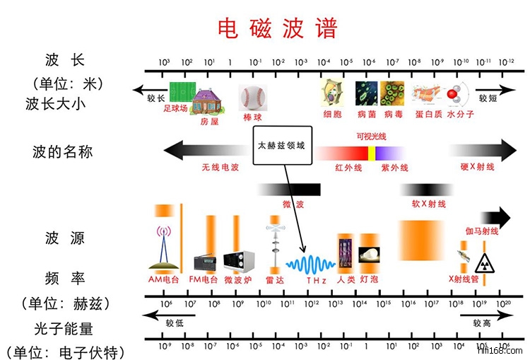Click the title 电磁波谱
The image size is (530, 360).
(278, 28)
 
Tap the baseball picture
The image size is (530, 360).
(252, 98)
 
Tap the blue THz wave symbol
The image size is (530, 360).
(310, 264)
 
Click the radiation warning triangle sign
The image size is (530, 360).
(485, 262)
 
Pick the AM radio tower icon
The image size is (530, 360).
(164, 248)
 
